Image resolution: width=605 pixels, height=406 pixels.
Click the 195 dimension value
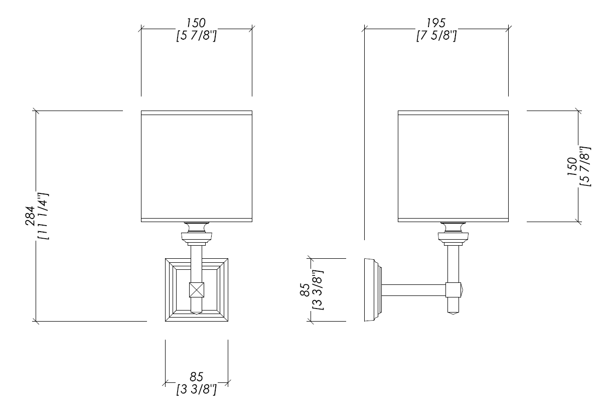point(436,23)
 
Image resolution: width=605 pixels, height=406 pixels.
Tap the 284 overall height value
point(30,216)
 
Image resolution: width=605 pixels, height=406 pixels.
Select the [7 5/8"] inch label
point(436,36)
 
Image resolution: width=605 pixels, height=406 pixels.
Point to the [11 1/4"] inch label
point(43,216)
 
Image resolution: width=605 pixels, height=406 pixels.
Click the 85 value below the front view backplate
point(196,377)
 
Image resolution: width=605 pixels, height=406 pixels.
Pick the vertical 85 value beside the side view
point(305,290)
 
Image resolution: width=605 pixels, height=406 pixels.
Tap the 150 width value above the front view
point(196,23)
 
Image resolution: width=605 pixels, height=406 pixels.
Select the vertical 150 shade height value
point(572,166)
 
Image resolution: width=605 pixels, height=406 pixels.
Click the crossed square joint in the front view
point(197,290)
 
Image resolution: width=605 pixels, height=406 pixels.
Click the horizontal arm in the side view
point(413,290)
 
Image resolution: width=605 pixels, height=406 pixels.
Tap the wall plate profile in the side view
point(373,290)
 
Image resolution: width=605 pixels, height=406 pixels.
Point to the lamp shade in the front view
point(197,166)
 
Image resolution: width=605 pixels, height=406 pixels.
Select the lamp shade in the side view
point(453,166)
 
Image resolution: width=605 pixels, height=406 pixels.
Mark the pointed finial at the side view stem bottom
point(453,313)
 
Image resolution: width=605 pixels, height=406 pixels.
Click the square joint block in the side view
point(453,290)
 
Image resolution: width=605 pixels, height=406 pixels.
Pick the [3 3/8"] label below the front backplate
point(196,389)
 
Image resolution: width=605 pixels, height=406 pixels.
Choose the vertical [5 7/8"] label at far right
point(585,166)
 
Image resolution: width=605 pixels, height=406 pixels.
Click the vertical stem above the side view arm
point(453,264)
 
